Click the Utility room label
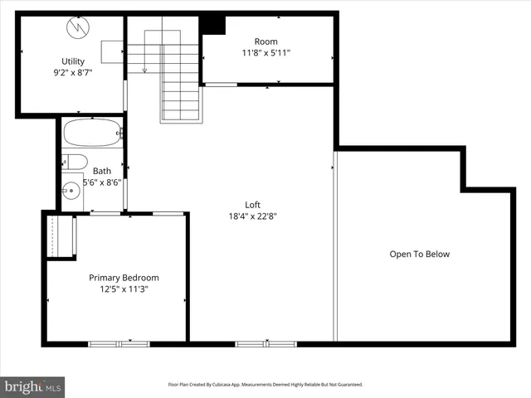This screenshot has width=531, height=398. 73,61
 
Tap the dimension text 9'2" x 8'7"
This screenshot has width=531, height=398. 73,72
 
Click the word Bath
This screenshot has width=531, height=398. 102,172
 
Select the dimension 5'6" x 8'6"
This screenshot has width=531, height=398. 102,183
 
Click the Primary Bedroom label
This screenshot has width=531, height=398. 124,278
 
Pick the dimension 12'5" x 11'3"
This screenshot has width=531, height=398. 124,289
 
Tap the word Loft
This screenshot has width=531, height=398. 253,205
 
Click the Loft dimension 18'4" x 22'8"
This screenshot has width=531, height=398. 253,216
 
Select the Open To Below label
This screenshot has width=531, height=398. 419,255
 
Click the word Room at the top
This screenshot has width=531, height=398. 266,41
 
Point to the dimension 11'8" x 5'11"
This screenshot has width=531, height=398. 266,53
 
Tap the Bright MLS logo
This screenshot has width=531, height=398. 33,386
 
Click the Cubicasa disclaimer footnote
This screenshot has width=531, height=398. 265,385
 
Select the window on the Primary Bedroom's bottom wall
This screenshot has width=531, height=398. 119,342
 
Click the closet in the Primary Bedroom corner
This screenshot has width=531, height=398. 60,236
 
